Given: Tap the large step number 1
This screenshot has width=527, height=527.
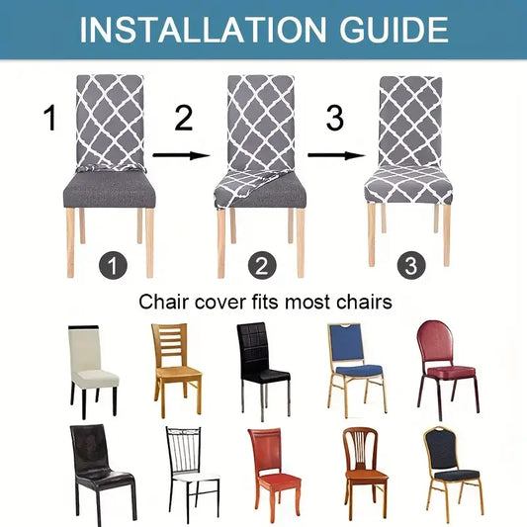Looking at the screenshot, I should [50, 121].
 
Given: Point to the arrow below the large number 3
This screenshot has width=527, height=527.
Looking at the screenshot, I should [333, 154].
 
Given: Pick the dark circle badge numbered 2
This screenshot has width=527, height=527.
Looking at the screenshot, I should [261, 265].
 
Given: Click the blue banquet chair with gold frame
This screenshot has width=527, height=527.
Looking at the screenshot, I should [355, 366].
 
